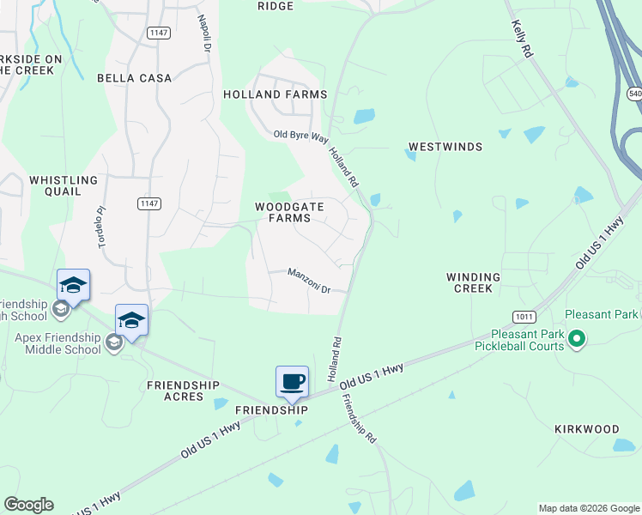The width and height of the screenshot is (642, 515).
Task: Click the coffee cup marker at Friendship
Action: click(x=292, y=382)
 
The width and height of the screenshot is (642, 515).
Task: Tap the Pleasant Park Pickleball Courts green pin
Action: click(x=577, y=341)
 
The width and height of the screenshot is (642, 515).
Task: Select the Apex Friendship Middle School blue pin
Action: click(x=130, y=320)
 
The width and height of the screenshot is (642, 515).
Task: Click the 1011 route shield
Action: click(x=524, y=316)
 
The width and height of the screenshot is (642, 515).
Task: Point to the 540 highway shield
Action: click(x=634, y=93)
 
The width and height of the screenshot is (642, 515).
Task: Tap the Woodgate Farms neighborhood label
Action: click(x=282, y=212)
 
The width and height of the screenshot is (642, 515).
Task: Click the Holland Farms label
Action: click(x=276, y=94)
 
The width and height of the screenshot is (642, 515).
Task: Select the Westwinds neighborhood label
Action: click(x=445, y=147)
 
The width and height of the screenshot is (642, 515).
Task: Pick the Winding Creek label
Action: click(x=473, y=282)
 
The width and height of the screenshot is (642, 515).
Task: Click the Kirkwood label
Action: click(x=586, y=428)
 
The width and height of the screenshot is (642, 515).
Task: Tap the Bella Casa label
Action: click(x=134, y=78)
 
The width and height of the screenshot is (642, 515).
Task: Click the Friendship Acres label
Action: click(x=183, y=391)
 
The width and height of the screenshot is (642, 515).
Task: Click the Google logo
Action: click(x=28, y=505)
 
